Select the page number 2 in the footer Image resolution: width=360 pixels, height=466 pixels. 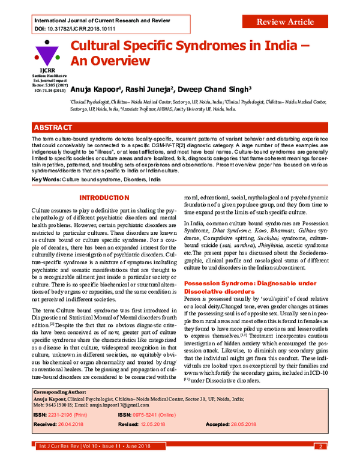click(x=322, y=446)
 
